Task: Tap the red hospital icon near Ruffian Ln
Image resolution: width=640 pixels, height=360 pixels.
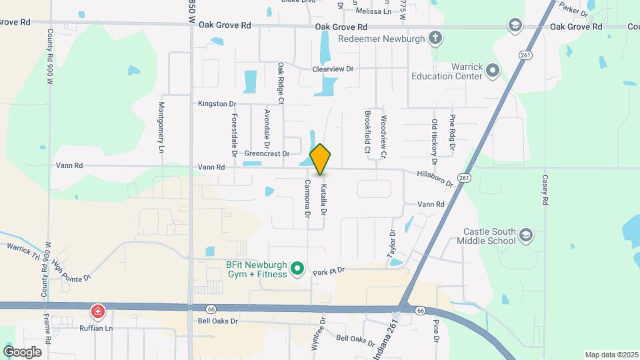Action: pos(98,311)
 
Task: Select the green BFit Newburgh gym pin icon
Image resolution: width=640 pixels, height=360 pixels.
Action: pos(299,269)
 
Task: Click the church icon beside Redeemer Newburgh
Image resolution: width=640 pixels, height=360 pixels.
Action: pos(435,37)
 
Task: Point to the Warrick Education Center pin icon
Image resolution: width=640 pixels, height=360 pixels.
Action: pos(493,69)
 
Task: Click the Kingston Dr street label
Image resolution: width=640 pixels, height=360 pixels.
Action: pos(217,104)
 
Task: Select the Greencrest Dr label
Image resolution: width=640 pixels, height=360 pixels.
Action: pos(267,153)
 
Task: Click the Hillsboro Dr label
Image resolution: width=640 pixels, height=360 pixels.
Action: pos(435,177)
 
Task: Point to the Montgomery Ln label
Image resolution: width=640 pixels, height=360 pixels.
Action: pos(161,128)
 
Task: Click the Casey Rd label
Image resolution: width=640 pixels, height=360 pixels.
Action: pos(545,190)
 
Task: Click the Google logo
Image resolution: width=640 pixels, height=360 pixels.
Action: pos(22,351)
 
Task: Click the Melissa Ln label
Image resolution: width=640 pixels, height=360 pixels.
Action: pos(373,11)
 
